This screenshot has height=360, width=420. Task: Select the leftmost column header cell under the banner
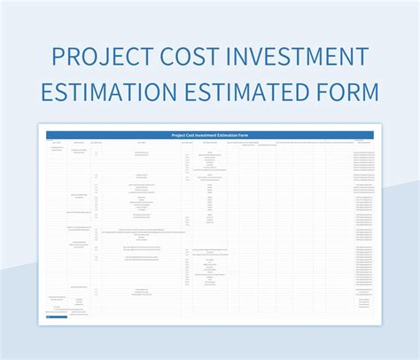[56, 142]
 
